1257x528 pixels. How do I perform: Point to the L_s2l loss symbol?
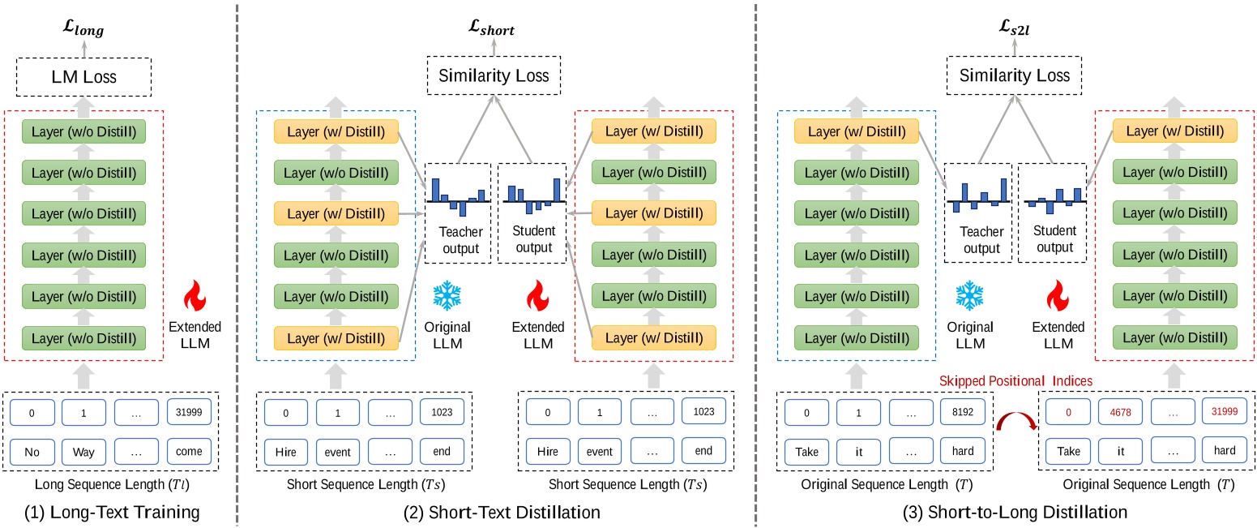pos(1015,31)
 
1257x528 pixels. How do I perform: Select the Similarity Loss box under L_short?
pos(494,76)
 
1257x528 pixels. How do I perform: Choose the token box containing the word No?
pos(33,450)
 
